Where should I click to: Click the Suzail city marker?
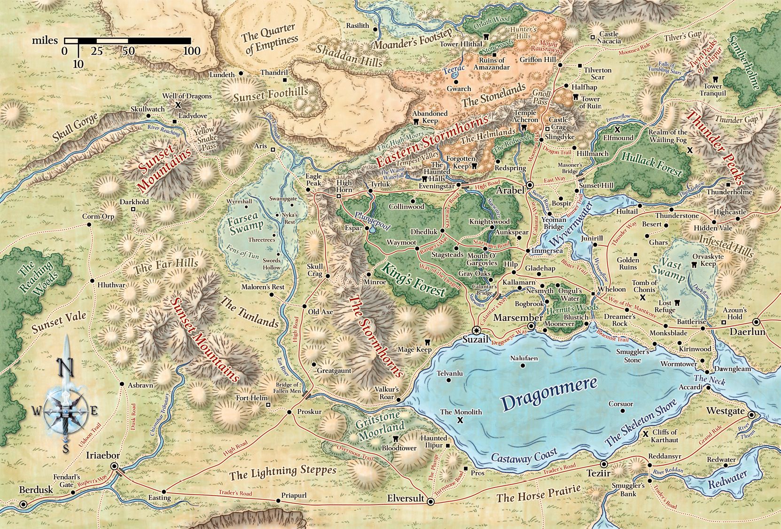(x=476, y=329)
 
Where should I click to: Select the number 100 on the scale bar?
(x=191, y=51)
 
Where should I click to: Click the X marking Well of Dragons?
(x=178, y=105)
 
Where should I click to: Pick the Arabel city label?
(x=509, y=191)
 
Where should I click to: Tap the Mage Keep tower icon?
(x=428, y=342)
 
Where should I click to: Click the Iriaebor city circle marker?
(x=114, y=466)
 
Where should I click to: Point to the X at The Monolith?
(x=460, y=420)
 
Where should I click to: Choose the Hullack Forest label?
(x=651, y=164)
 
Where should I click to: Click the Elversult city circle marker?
(x=430, y=501)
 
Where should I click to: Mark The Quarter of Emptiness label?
(x=270, y=40)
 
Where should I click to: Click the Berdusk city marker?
(x=23, y=504)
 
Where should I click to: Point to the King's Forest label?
(x=413, y=281)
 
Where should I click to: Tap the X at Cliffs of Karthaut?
(x=646, y=434)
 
